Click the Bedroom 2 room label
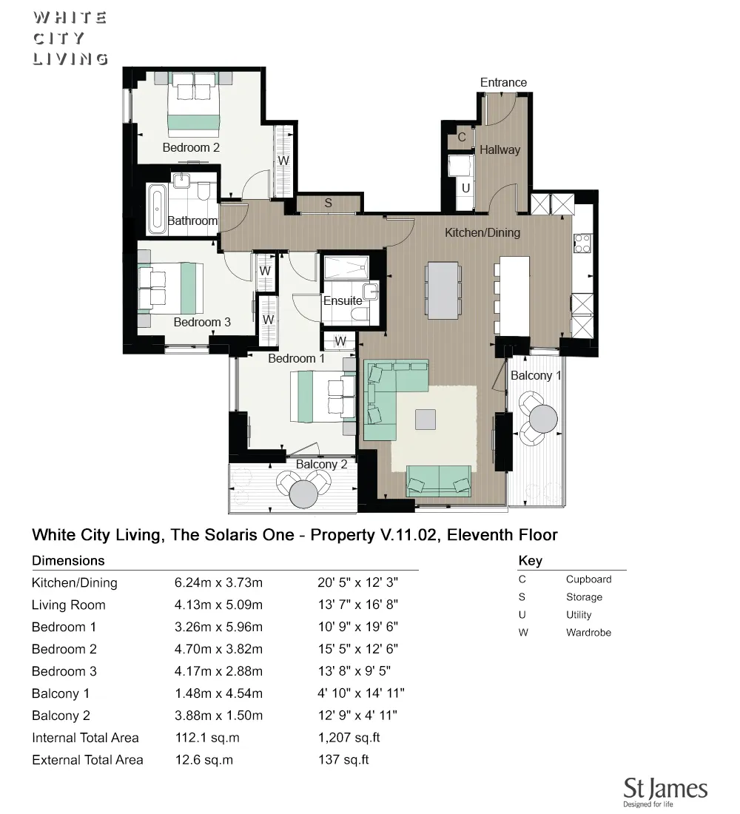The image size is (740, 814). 191,147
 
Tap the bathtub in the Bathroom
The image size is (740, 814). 157,209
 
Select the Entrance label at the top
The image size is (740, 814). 503,82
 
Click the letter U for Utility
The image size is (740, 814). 465,188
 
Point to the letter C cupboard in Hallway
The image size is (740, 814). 461,137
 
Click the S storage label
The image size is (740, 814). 328,203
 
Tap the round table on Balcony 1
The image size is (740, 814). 544,418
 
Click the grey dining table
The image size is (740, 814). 443,290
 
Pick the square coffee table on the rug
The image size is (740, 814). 425,420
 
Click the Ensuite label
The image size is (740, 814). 343,300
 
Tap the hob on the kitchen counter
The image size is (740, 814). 582,243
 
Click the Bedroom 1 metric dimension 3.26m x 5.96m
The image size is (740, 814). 218,627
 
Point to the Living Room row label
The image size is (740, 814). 68,605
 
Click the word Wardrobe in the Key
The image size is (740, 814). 588,633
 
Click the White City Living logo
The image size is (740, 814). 70,38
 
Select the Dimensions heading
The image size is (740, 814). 68,560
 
